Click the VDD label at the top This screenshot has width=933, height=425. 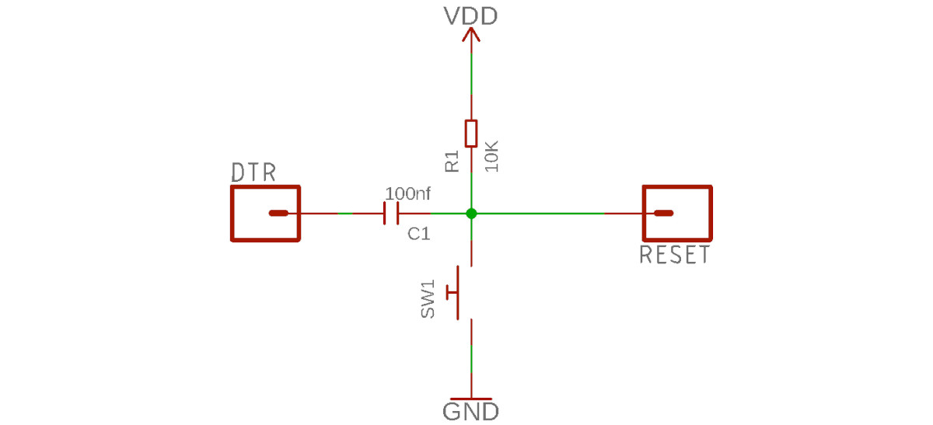470,16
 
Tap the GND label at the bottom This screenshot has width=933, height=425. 470,411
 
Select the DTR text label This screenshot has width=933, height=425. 253,172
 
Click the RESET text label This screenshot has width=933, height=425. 674,255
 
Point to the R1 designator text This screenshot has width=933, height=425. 453,161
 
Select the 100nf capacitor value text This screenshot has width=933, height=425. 407,192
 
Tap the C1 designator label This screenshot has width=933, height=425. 419,234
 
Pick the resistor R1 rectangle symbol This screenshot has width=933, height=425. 470,134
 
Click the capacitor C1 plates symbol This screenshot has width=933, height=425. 390,213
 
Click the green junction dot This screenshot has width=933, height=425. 470,213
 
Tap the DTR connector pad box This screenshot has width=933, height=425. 265,213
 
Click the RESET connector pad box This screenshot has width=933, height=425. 677,213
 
